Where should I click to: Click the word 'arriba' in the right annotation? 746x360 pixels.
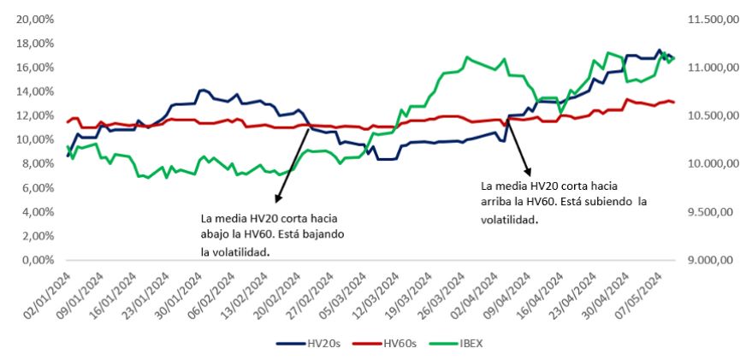pyautogui.click(x=499, y=202)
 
